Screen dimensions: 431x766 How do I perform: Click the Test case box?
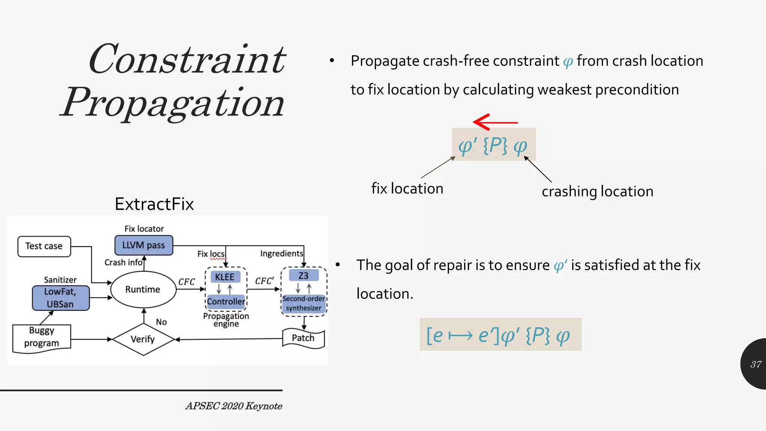(44, 246)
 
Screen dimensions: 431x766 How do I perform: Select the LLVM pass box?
(144, 245)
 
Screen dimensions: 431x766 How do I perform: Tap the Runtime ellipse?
(143, 289)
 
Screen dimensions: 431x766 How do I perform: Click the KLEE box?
(225, 277)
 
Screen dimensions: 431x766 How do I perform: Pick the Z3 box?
(303, 276)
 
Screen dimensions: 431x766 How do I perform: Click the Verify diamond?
(143, 339)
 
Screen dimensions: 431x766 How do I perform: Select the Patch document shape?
(303, 338)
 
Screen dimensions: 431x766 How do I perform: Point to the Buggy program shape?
(42, 337)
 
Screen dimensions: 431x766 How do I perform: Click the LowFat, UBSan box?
(61, 298)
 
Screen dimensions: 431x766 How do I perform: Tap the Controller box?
(226, 302)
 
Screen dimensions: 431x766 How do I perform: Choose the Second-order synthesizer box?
(304, 303)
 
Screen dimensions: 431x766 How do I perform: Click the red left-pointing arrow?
(494, 122)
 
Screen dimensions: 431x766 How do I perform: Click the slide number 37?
(756, 364)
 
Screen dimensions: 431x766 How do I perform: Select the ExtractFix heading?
(154, 204)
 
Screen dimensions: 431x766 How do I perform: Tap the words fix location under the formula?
(407, 189)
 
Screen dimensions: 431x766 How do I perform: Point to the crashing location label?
(597, 192)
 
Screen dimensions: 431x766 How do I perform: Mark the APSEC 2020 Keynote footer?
(234, 406)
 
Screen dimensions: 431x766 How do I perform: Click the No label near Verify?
(161, 322)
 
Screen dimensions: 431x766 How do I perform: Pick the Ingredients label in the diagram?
(281, 254)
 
